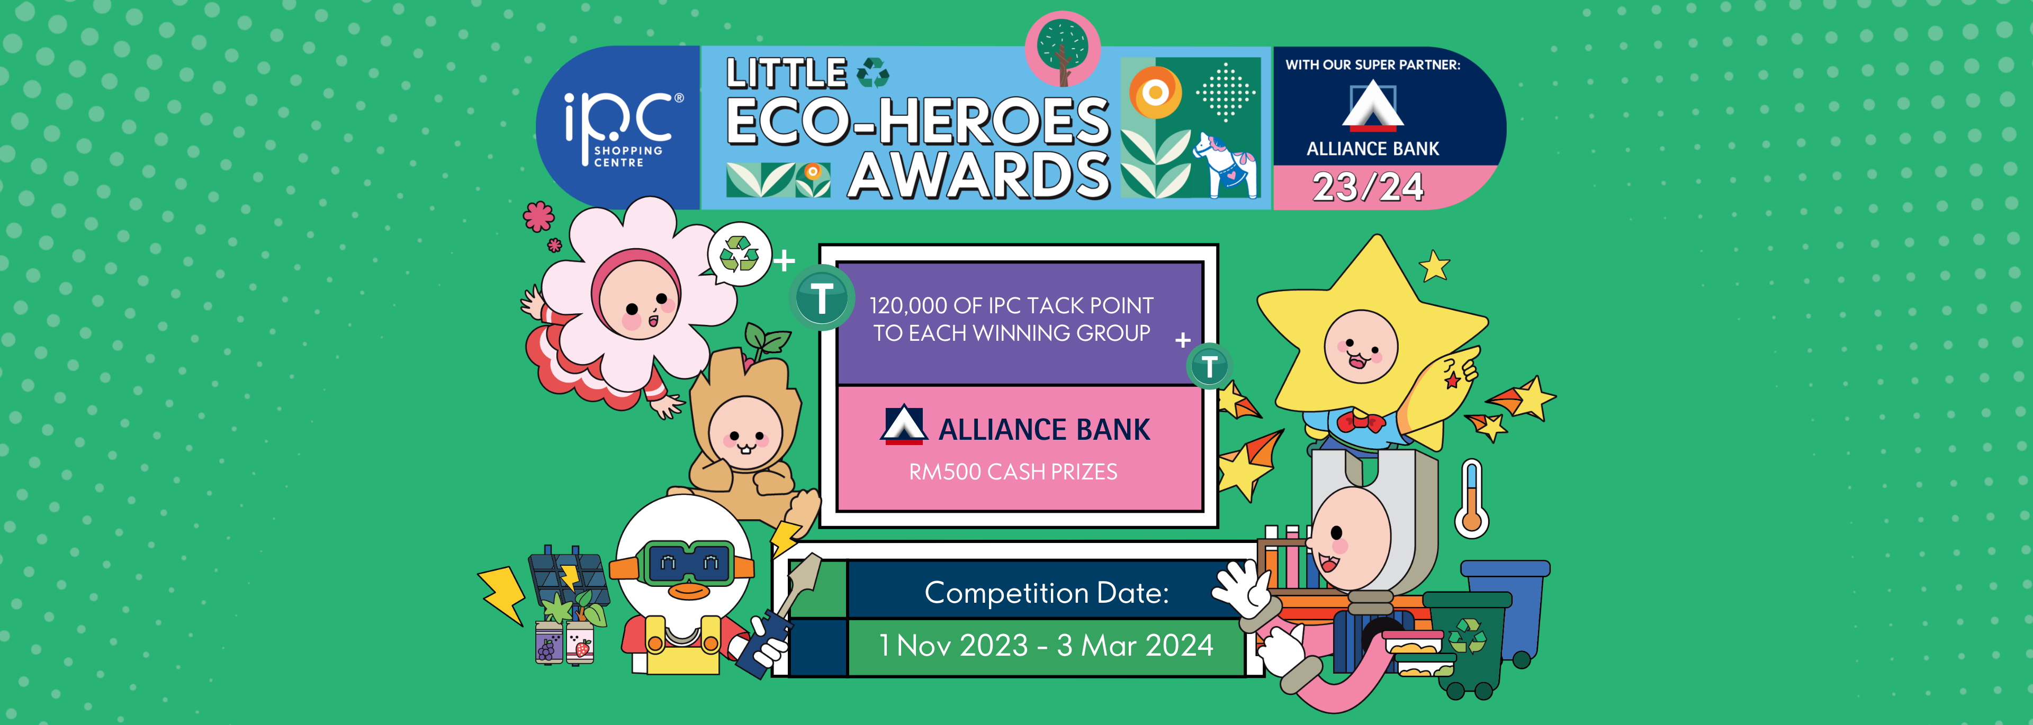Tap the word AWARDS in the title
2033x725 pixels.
click(978, 175)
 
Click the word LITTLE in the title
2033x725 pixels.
click(787, 74)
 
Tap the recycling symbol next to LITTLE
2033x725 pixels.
click(873, 72)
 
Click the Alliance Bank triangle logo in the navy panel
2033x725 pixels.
click(1373, 106)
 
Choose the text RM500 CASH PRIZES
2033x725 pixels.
click(1013, 472)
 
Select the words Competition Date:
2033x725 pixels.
click(1047, 593)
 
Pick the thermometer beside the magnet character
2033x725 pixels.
click(1471, 499)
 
